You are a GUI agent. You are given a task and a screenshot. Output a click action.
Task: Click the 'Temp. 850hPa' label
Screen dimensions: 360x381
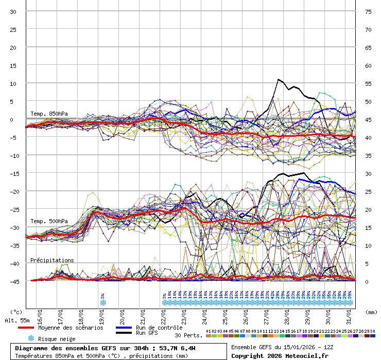(x=49, y=114)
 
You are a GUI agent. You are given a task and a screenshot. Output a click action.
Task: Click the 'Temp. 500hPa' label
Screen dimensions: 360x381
(x=49, y=221)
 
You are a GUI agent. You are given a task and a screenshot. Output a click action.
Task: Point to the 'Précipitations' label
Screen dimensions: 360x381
(x=52, y=260)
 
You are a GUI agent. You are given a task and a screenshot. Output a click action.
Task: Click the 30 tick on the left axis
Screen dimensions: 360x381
(x=13, y=12)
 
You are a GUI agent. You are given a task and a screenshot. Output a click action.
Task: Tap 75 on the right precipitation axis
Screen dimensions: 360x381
(x=368, y=12)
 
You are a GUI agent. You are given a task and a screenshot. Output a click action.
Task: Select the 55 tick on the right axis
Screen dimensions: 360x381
(x=368, y=84)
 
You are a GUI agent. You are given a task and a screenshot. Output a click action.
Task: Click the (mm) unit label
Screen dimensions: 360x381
(x=371, y=312)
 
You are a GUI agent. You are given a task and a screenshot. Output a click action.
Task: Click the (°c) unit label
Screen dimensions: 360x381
(x=16, y=312)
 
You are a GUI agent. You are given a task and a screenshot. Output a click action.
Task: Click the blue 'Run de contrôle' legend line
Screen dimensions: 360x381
(x=124, y=328)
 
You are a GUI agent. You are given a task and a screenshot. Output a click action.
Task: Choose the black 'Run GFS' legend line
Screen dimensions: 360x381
(x=124, y=333)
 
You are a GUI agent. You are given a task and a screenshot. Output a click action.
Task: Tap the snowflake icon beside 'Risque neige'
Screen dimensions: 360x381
(x=31, y=338)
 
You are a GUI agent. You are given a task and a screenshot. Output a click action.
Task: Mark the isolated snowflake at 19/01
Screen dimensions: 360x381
(x=103, y=302)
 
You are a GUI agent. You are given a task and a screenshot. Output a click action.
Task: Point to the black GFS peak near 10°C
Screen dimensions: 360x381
(x=279, y=80)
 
